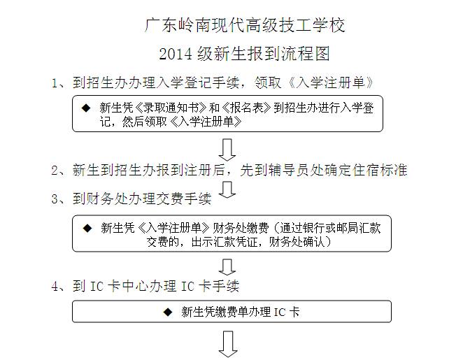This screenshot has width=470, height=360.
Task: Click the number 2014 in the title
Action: pos(176,55)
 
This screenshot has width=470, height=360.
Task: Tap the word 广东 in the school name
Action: pos(161,25)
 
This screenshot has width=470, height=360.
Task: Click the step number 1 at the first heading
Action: pos(55,83)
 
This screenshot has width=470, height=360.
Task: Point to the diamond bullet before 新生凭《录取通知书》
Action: pos(86,108)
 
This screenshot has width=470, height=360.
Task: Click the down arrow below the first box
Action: pos(227,150)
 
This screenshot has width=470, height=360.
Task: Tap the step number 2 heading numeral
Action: pos(55,171)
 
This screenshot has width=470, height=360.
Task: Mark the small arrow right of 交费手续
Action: pos(227,190)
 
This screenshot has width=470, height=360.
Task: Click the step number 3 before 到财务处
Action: pos(55,199)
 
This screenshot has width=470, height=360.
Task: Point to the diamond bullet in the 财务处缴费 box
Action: pos(87,228)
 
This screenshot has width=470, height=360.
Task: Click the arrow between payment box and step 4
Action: pos(227,267)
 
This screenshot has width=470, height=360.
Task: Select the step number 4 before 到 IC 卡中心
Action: pos(55,287)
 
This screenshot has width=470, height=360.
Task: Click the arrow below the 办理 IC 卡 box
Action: pos(228,344)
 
